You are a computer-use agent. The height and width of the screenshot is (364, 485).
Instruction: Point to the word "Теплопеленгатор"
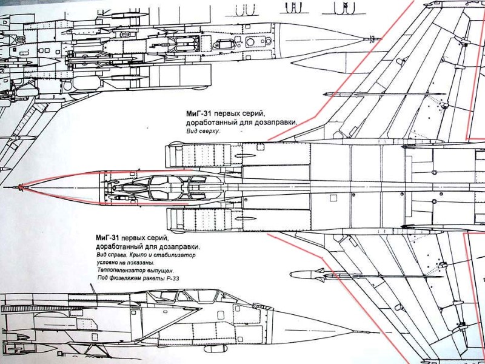click(x=118, y=270)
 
